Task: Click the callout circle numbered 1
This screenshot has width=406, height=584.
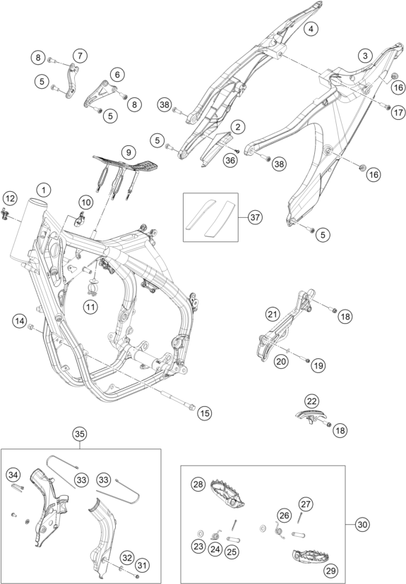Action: pyautogui.click(x=44, y=190)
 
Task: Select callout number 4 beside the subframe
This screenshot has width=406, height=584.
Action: pyautogui.click(x=311, y=28)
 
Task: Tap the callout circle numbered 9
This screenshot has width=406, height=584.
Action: pyautogui.click(x=129, y=152)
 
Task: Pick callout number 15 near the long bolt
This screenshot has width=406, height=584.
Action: pyautogui.click(x=205, y=413)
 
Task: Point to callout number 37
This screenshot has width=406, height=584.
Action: pyautogui.click(x=255, y=217)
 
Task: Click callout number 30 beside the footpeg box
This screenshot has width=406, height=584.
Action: pyautogui.click(x=362, y=525)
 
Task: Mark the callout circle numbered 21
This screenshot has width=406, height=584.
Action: pyautogui.click(x=273, y=315)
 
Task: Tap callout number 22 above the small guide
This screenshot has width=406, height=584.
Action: pyautogui.click(x=311, y=401)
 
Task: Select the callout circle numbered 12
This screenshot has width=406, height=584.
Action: pyautogui.click(x=10, y=198)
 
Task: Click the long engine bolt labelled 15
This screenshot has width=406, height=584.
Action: pyautogui.click(x=178, y=397)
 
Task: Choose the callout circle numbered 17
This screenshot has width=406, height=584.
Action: pyautogui.click(x=398, y=112)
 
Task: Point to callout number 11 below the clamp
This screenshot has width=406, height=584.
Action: pyautogui.click(x=90, y=307)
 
